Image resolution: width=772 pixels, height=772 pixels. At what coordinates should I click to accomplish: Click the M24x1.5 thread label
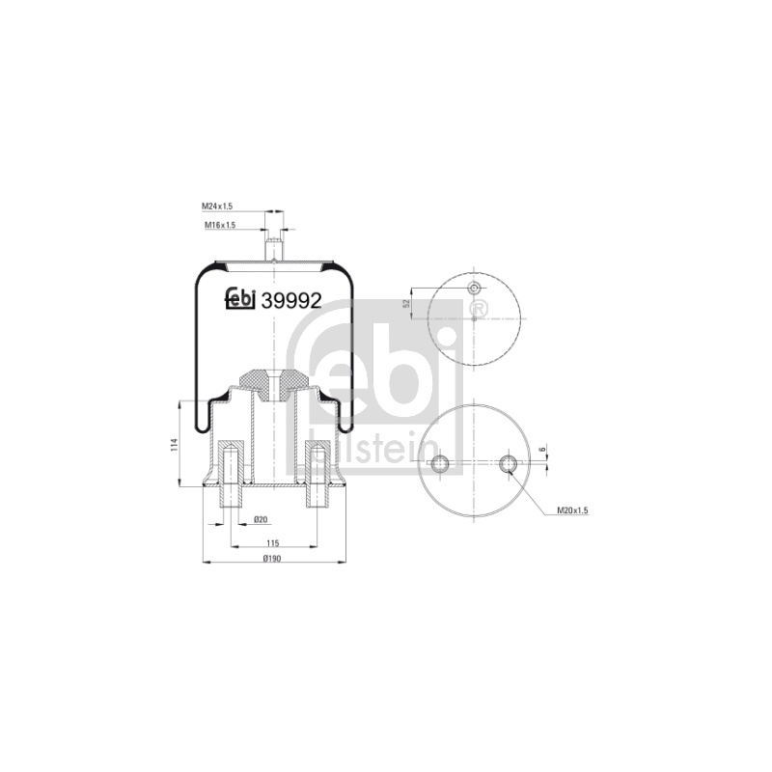click(216, 207)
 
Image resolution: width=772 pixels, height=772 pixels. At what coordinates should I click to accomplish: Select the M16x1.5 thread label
click(220, 225)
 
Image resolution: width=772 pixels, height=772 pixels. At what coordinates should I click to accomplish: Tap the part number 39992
click(291, 300)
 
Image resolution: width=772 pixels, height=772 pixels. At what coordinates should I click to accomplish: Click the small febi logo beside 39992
click(239, 299)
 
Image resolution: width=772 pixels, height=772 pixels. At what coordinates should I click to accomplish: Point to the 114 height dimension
click(174, 444)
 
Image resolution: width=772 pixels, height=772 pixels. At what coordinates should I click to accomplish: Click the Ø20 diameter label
click(260, 519)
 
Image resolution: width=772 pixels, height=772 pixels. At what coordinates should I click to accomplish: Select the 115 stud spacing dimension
click(273, 543)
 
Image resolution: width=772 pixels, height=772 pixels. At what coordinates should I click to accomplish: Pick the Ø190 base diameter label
click(272, 559)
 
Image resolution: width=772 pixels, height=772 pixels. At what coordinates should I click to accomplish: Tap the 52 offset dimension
click(406, 303)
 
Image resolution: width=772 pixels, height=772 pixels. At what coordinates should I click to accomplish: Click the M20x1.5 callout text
click(572, 510)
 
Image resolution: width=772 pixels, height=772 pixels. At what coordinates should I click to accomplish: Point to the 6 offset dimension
click(541, 450)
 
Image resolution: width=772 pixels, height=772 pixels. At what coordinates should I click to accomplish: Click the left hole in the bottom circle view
click(440, 463)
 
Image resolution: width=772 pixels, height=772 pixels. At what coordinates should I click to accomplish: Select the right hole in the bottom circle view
click(508, 463)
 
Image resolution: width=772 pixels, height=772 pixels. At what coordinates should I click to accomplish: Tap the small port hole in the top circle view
click(474, 288)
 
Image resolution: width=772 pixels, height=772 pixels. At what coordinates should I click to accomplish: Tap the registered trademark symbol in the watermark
click(479, 308)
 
